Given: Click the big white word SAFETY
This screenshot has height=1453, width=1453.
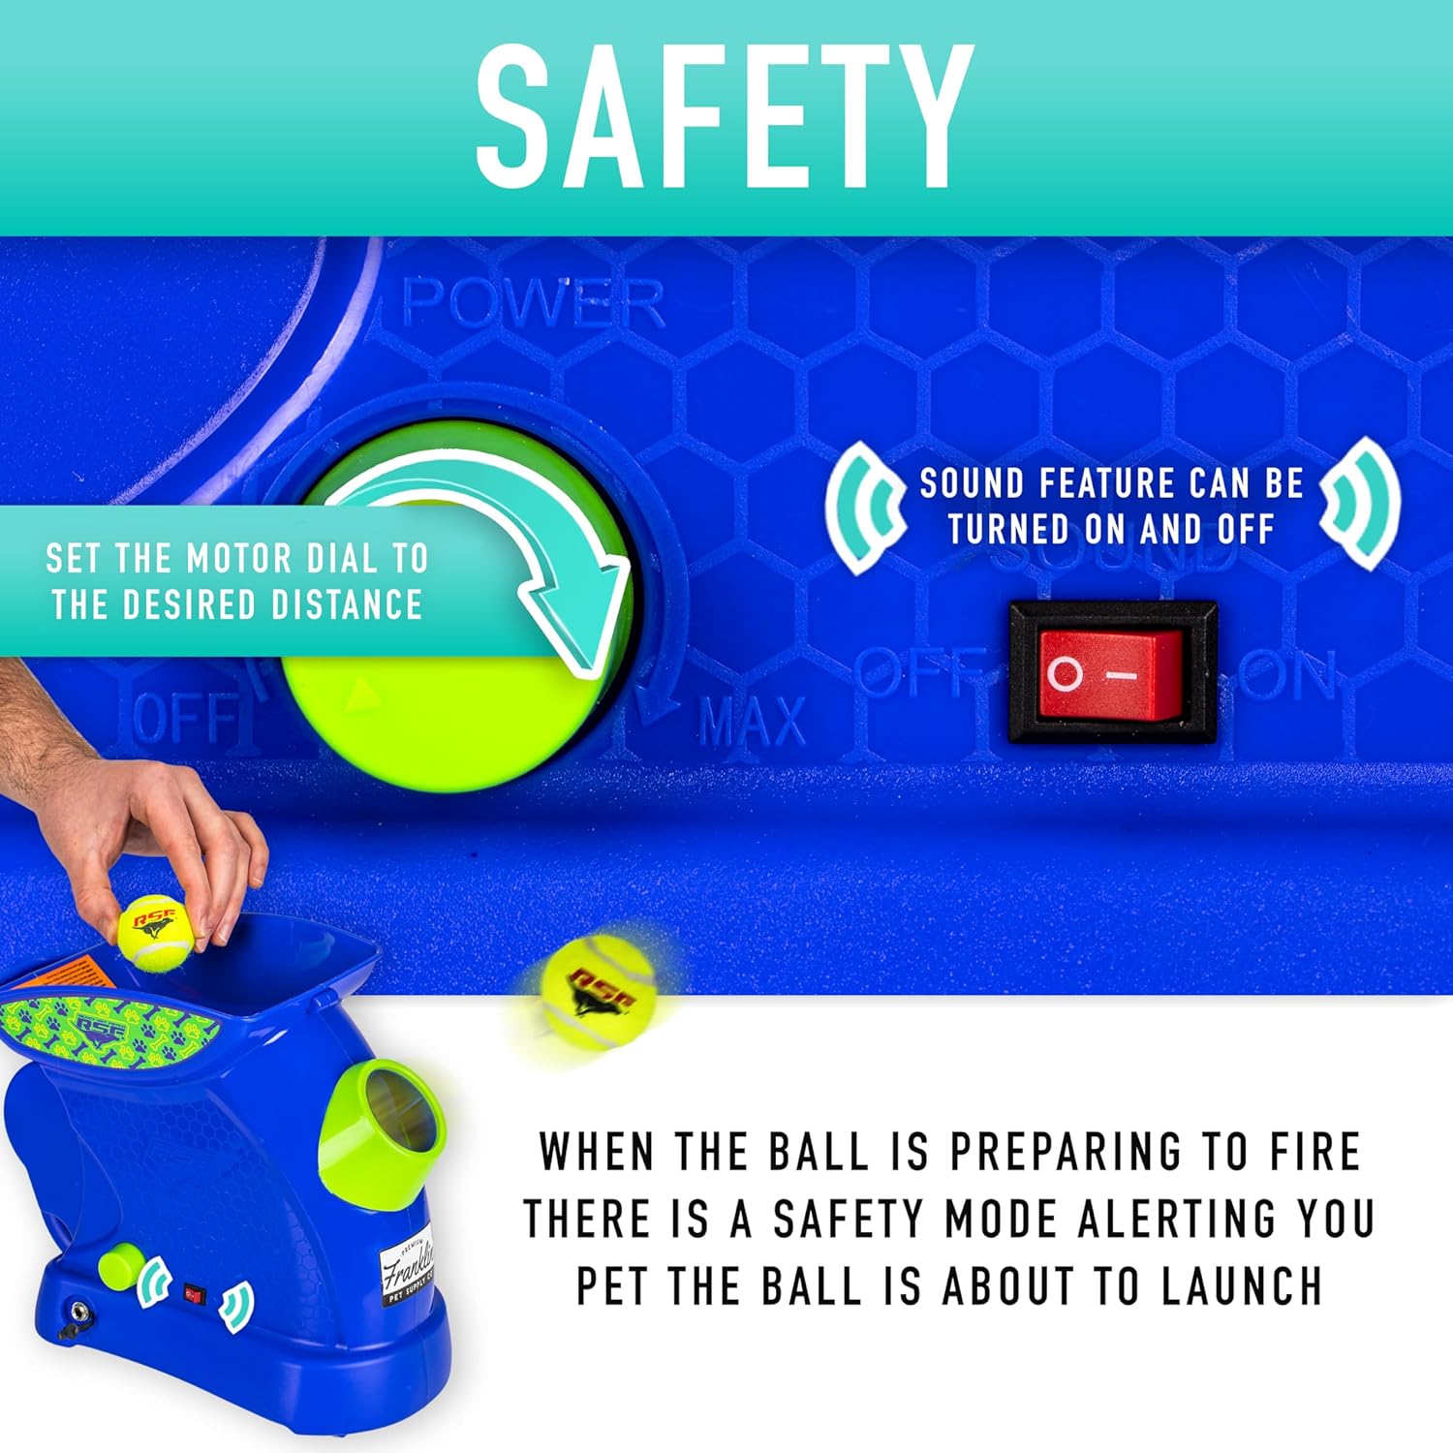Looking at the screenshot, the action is [725, 117].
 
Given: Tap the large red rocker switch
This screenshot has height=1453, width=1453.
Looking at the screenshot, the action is [1112, 673].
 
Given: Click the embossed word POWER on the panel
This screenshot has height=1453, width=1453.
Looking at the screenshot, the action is [534, 303].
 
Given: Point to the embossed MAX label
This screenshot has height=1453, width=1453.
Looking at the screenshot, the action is [752, 722].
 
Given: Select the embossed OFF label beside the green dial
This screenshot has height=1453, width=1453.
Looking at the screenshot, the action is [184, 718].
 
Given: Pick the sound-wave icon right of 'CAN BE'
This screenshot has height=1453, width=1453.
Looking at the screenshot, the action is [1360, 503].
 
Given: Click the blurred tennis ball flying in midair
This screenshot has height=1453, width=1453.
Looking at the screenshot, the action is [598, 991].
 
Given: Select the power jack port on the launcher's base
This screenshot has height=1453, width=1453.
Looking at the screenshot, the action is [77, 1315].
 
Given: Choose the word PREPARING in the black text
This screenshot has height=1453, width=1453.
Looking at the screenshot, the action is [1065, 1152].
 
